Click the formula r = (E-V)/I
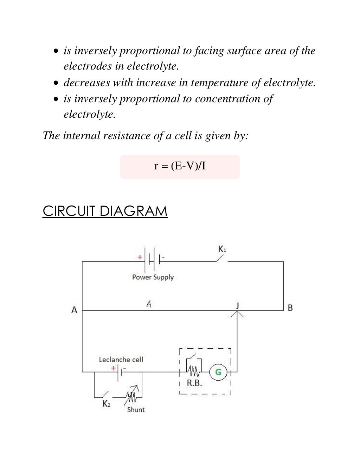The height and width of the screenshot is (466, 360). [x=180, y=166]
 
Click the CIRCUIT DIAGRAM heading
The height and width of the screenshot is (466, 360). [x=105, y=211]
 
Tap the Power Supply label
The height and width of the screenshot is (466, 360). [x=153, y=277]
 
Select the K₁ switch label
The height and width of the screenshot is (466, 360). [x=222, y=249]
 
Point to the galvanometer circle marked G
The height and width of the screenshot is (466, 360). [x=218, y=372]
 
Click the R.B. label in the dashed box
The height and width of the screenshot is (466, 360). [x=194, y=383]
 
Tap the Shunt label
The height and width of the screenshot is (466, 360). [x=136, y=409]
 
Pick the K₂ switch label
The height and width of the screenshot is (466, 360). [x=106, y=404]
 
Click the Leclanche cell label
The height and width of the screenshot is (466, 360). [x=121, y=360]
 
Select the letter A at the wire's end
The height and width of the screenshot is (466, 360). [x=74, y=310]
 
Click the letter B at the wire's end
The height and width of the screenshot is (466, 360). [x=290, y=308]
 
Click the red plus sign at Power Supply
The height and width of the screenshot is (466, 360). [x=140, y=257]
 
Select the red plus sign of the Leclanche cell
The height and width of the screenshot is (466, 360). [x=113, y=368]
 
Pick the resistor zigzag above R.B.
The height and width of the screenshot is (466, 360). [x=193, y=371]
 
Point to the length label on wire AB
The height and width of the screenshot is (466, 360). [x=149, y=304]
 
